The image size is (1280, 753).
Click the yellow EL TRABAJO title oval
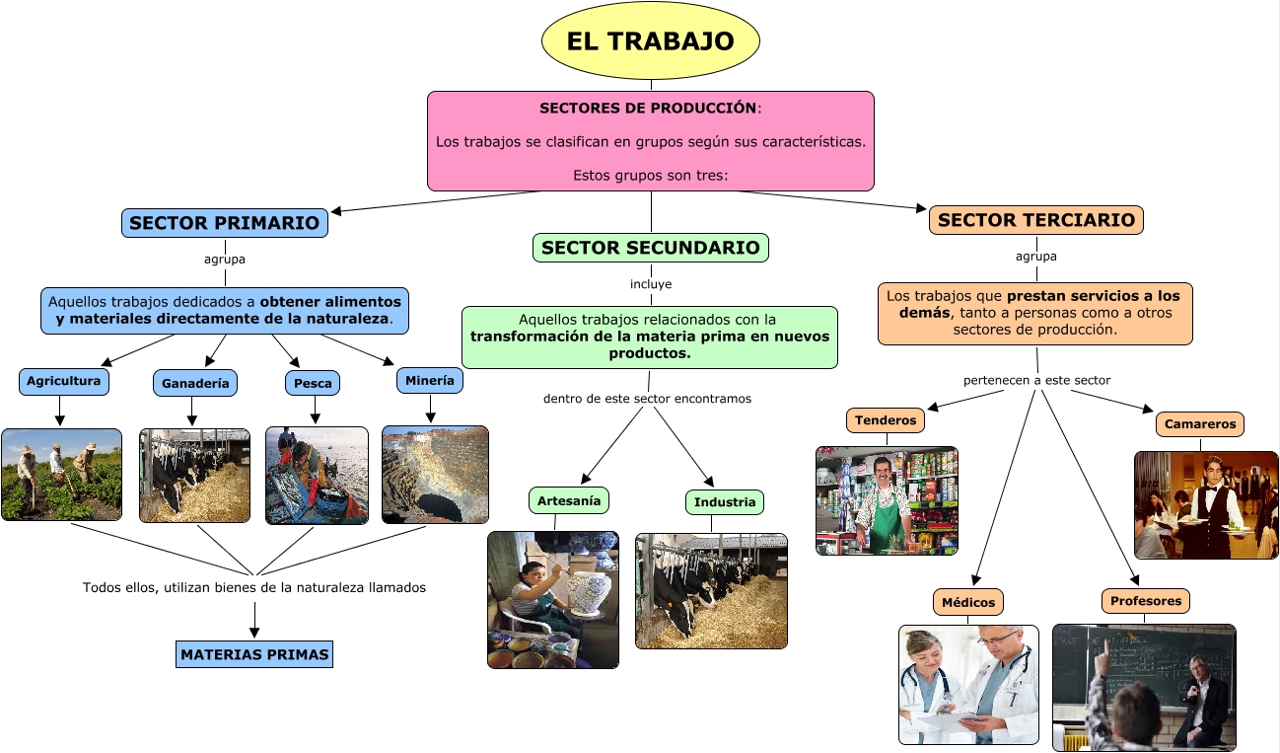point(651,40)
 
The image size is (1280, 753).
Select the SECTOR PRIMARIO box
point(225,223)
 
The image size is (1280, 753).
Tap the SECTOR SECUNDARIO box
point(651,248)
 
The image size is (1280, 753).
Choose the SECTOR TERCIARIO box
point(1036,220)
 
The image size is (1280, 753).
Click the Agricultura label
point(63,381)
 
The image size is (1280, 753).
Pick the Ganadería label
point(195,383)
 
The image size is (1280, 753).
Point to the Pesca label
point(315,383)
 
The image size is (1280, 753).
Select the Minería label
point(430,380)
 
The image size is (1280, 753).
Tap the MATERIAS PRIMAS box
point(254,654)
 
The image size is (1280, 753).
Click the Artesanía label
point(569,501)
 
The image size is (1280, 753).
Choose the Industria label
point(725,502)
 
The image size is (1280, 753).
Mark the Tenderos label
point(886,420)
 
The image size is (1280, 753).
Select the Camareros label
point(1200,424)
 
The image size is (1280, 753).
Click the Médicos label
point(968,602)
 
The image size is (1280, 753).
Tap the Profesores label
point(1145,601)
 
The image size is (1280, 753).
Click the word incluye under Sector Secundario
point(651,284)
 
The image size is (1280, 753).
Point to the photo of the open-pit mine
point(435,474)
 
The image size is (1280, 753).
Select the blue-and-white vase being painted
point(591,581)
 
